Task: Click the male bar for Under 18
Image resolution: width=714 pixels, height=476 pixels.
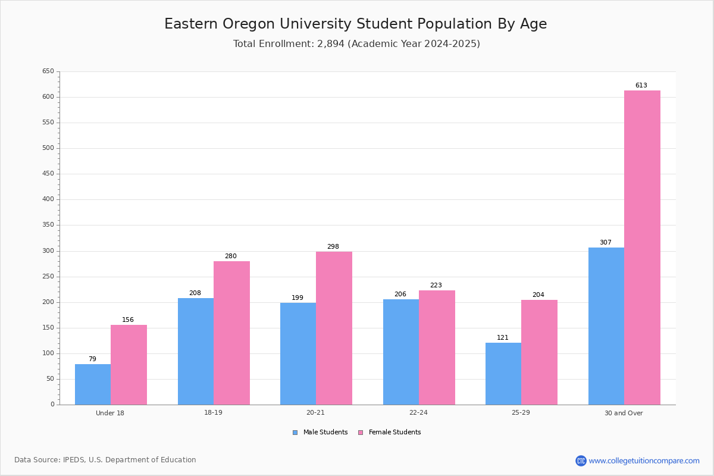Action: pyautogui.click(x=93, y=384)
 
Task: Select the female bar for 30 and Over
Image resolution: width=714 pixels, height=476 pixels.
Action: pyautogui.click(x=642, y=248)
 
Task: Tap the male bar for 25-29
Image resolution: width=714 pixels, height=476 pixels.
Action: pyautogui.click(x=503, y=374)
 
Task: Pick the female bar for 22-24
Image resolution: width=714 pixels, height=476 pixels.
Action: pyautogui.click(x=437, y=347)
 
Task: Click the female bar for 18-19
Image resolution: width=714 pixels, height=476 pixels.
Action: pyautogui.click(x=231, y=333)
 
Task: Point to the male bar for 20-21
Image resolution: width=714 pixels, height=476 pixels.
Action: pyautogui.click(x=298, y=354)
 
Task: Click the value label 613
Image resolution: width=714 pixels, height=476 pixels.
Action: pyautogui.click(x=641, y=85)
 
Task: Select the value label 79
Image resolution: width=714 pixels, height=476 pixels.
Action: pyautogui.click(x=92, y=359)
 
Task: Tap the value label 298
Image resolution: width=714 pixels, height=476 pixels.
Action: pyautogui.click(x=333, y=246)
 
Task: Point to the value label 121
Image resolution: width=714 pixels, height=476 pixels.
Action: pyautogui.click(x=503, y=337)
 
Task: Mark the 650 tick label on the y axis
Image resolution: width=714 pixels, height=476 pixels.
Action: pyautogui.click(x=48, y=71)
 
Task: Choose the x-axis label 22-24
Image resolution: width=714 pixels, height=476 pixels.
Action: pyautogui.click(x=418, y=412)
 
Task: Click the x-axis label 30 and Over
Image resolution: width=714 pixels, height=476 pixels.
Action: pyautogui.click(x=624, y=413)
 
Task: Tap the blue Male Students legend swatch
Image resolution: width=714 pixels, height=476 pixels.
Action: pyautogui.click(x=295, y=433)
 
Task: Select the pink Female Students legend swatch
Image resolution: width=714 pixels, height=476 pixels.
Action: pyautogui.click(x=361, y=433)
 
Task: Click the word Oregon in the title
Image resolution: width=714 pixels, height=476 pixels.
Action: pyautogui.click(x=249, y=24)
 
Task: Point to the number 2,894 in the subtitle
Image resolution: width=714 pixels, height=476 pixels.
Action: pyautogui.click(x=331, y=43)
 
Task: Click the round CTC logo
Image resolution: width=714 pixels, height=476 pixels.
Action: pyautogui.click(x=581, y=461)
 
